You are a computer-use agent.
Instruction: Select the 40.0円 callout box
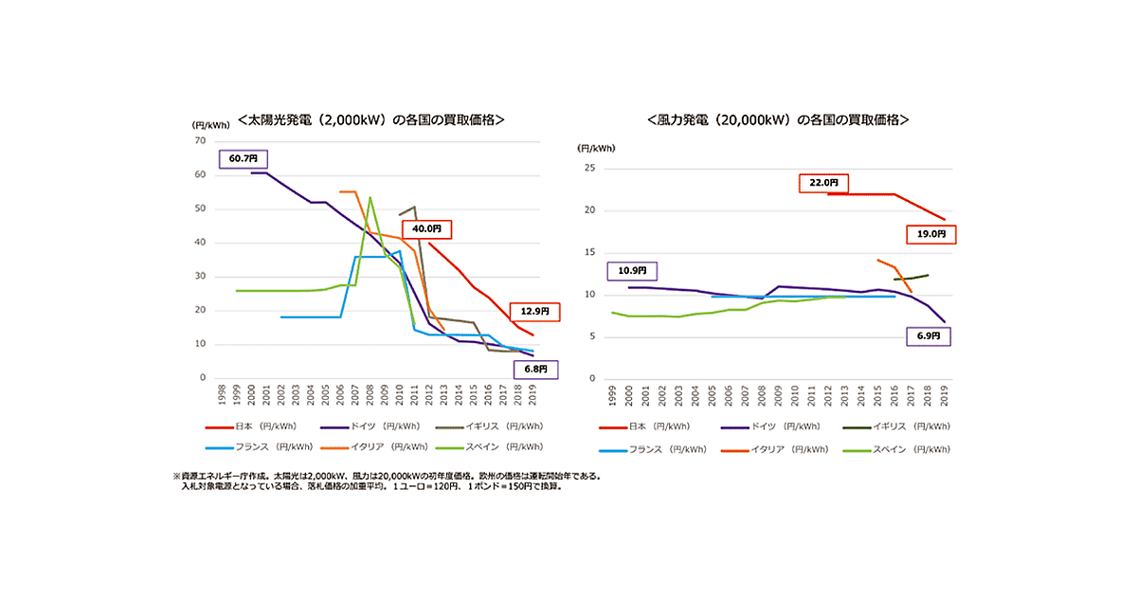click(426, 228)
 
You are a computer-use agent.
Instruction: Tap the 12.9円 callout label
click(534, 311)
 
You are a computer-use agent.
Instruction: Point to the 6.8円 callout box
click(534, 369)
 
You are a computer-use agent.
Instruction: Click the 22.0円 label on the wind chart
click(823, 182)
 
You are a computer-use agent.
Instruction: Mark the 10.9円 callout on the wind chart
click(632, 271)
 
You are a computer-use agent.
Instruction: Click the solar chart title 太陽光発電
click(370, 120)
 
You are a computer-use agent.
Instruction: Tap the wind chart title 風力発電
click(778, 120)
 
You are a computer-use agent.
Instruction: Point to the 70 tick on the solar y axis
click(199, 140)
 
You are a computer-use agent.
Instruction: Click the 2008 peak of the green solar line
click(370, 197)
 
